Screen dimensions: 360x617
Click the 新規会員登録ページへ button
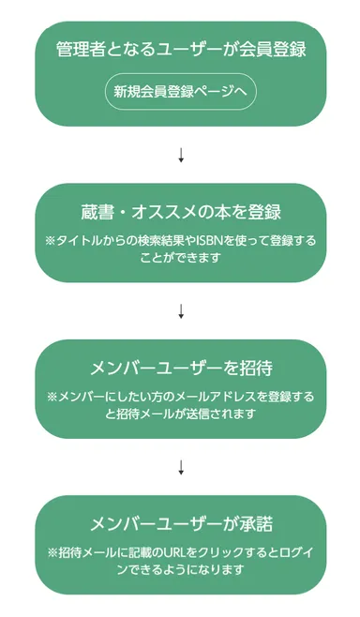coord(180,92)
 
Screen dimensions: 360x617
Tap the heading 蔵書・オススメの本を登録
coord(181,212)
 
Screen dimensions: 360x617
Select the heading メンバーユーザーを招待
coord(181,368)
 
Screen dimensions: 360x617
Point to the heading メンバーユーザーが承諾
coord(181,523)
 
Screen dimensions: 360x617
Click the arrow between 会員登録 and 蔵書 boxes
coord(181,154)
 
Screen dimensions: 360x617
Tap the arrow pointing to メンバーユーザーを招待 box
coord(181,309)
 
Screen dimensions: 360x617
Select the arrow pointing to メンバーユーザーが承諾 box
coord(181,465)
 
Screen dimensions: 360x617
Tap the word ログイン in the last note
coord(294,552)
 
